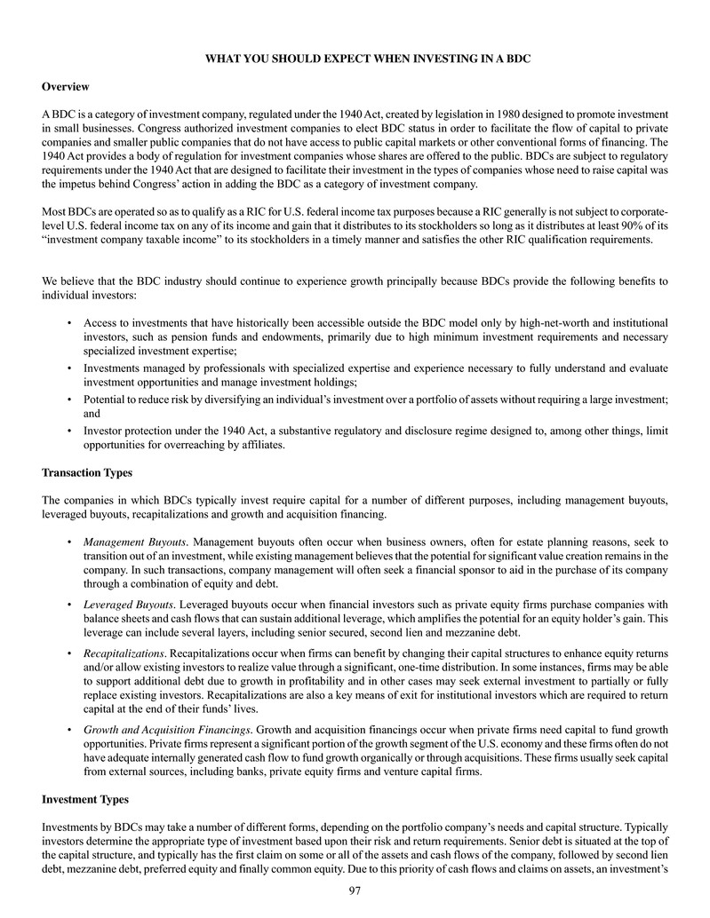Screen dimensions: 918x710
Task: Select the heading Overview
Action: click(66, 86)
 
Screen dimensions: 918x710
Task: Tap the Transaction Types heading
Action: click(87, 472)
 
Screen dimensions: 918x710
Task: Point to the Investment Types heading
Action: click(85, 800)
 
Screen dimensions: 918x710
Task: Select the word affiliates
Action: click(258, 446)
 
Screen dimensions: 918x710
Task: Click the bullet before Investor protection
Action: click(69, 431)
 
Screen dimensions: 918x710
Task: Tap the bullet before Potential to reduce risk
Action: click(69, 400)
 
